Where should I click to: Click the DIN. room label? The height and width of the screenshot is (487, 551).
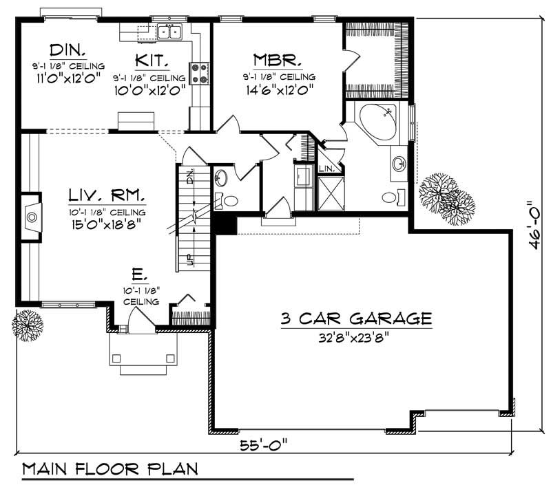tap(67, 50)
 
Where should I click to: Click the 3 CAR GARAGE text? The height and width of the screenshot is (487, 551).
tap(356, 318)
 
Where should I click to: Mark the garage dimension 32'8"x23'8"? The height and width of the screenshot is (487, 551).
tap(356, 338)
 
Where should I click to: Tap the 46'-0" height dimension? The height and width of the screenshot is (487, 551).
tap(531, 228)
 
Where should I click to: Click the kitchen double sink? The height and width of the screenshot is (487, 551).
tap(169, 31)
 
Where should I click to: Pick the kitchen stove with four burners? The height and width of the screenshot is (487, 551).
tap(200, 73)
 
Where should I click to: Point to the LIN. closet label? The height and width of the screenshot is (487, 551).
tap(326, 169)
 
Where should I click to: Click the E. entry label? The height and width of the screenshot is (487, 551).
tap(138, 276)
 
